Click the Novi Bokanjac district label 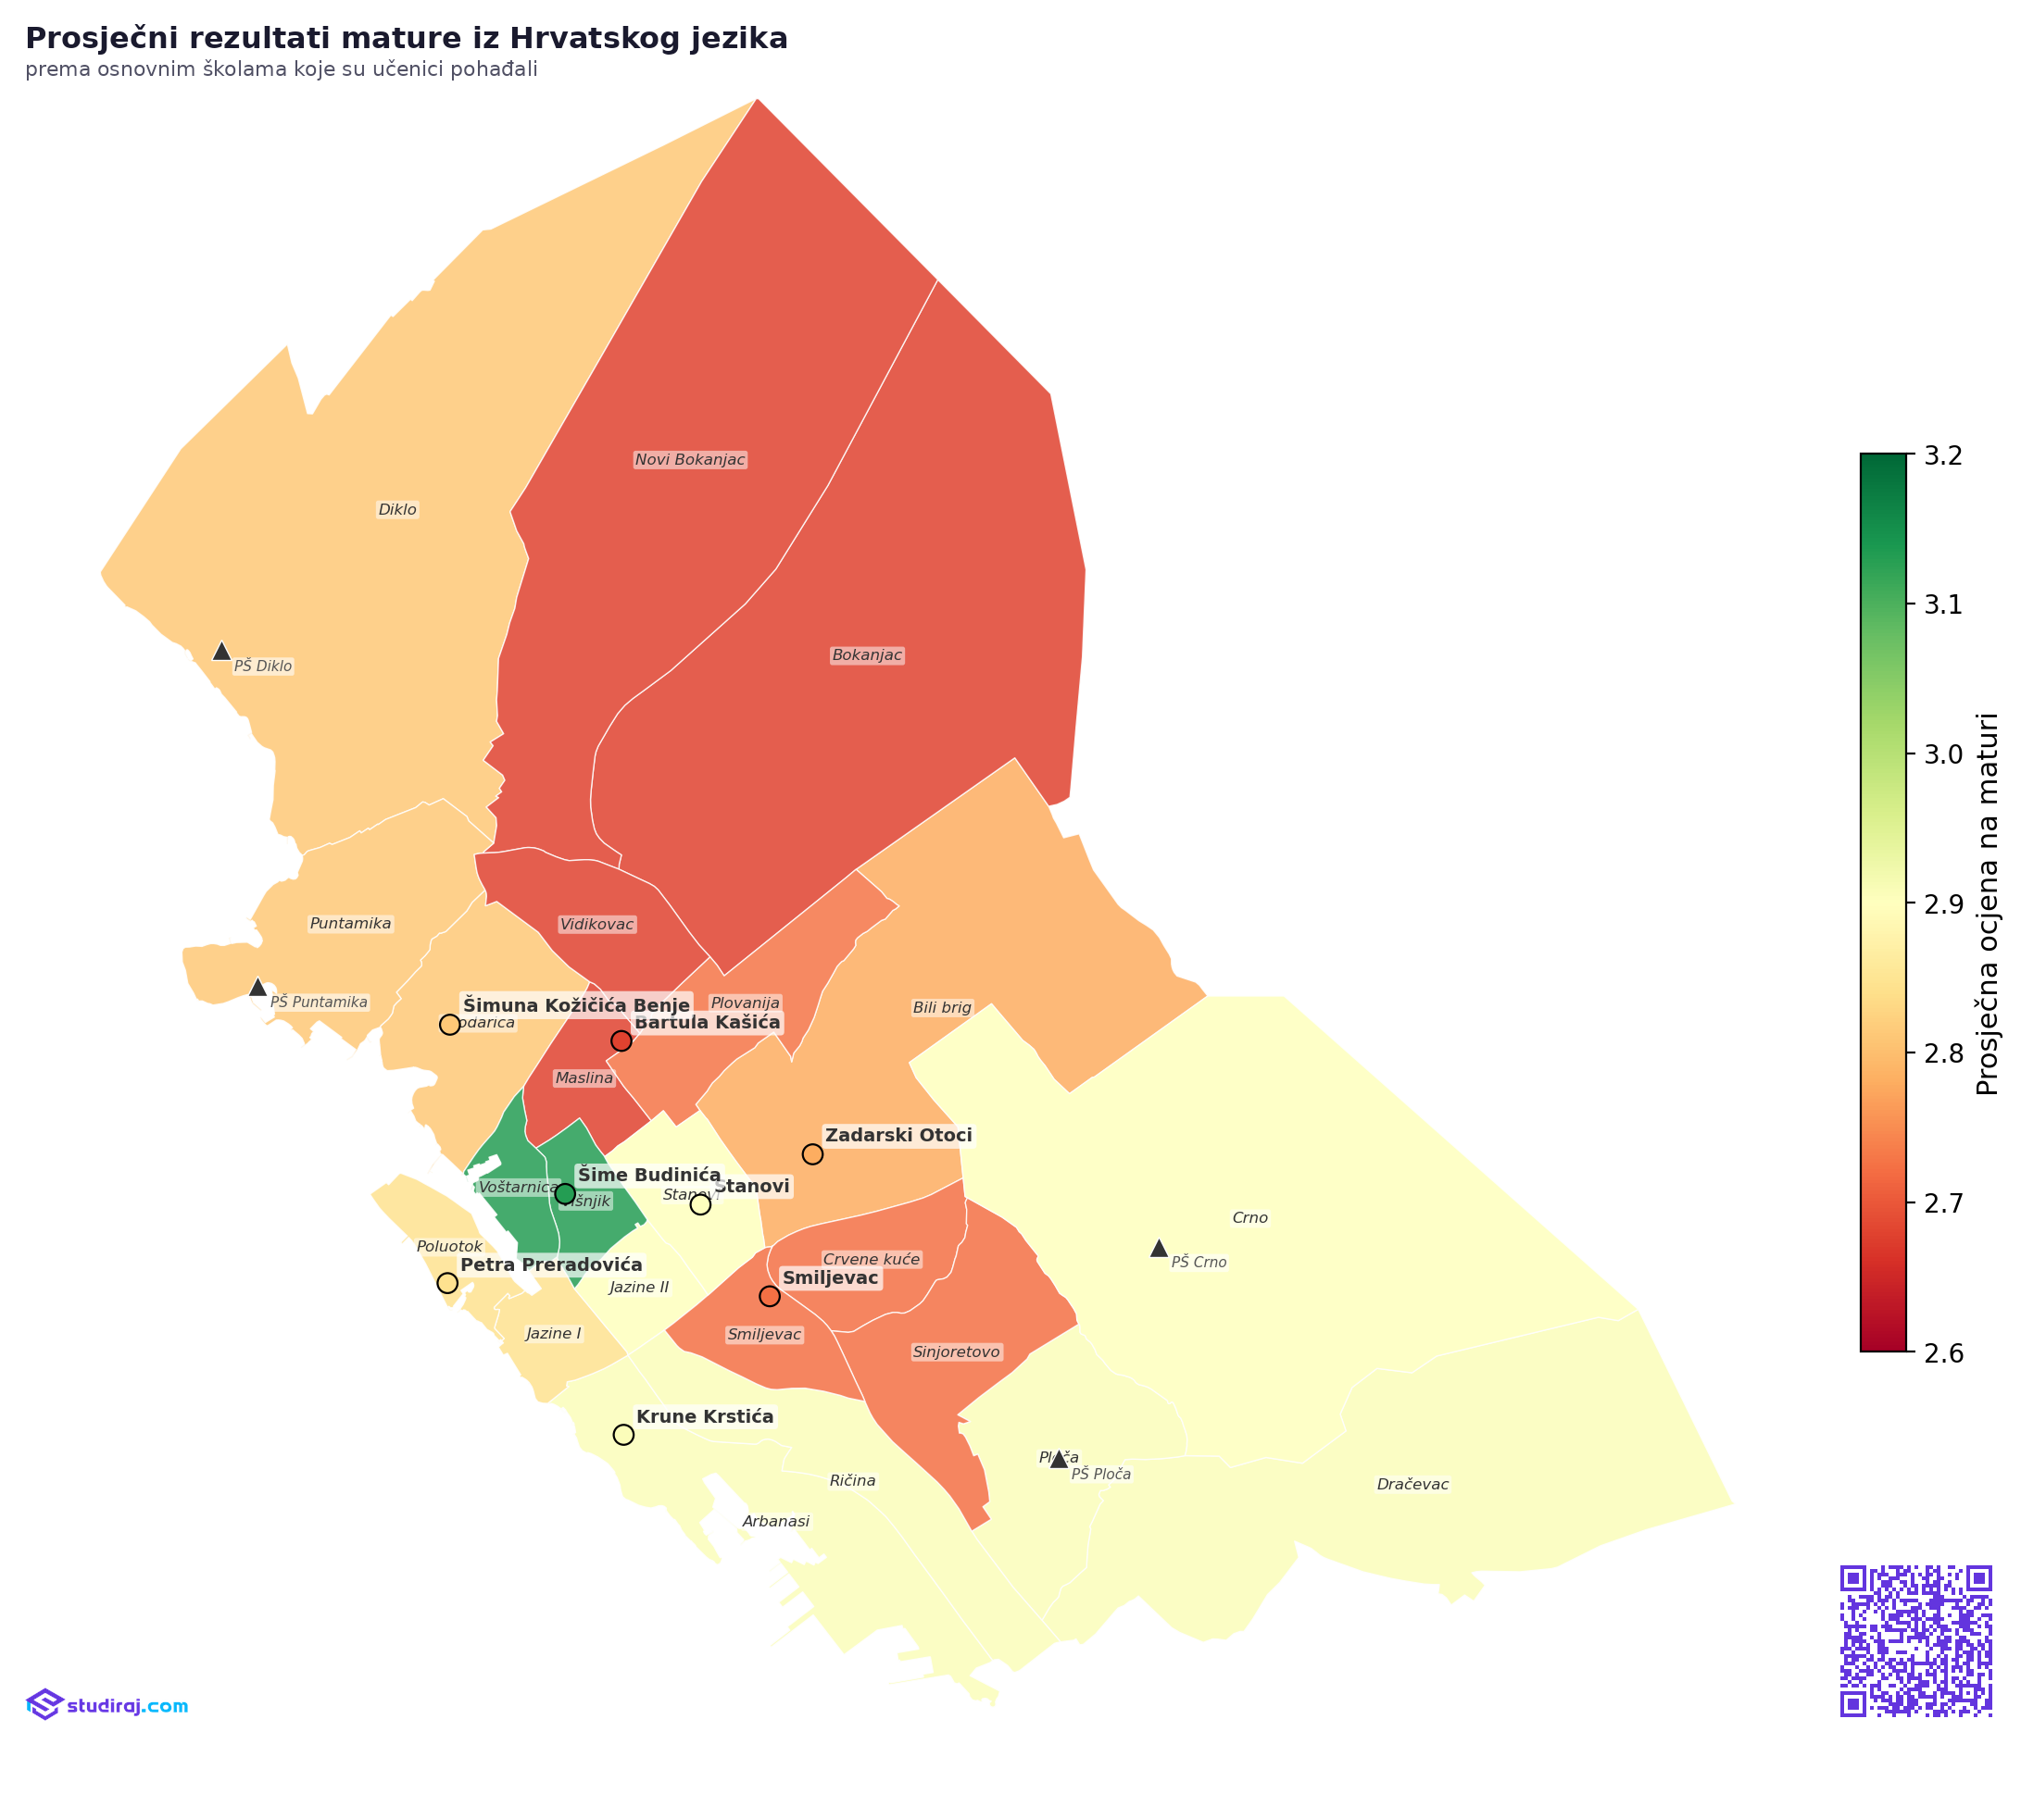(x=689, y=459)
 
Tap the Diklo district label (x=397, y=510)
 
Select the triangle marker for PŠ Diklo (x=221, y=652)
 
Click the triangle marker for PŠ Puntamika (x=257, y=988)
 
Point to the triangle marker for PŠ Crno (x=1158, y=1249)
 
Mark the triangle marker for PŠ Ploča (x=1058, y=1459)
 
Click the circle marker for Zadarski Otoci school (x=812, y=1154)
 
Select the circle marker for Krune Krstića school (x=622, y=1434)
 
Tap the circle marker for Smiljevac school (x=769, y=1296)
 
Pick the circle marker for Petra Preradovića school (x=446, y=1283)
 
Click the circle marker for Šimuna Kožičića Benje (x=448, y=1024)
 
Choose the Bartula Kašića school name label (x=707, y=1022)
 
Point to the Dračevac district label (x=1412, y=1485)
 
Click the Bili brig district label (x=941, y=1007)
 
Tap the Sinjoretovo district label (x=955, y=1351)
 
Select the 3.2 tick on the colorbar (x=1942, y=455)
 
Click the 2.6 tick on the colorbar (x=1942, y=1352)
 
